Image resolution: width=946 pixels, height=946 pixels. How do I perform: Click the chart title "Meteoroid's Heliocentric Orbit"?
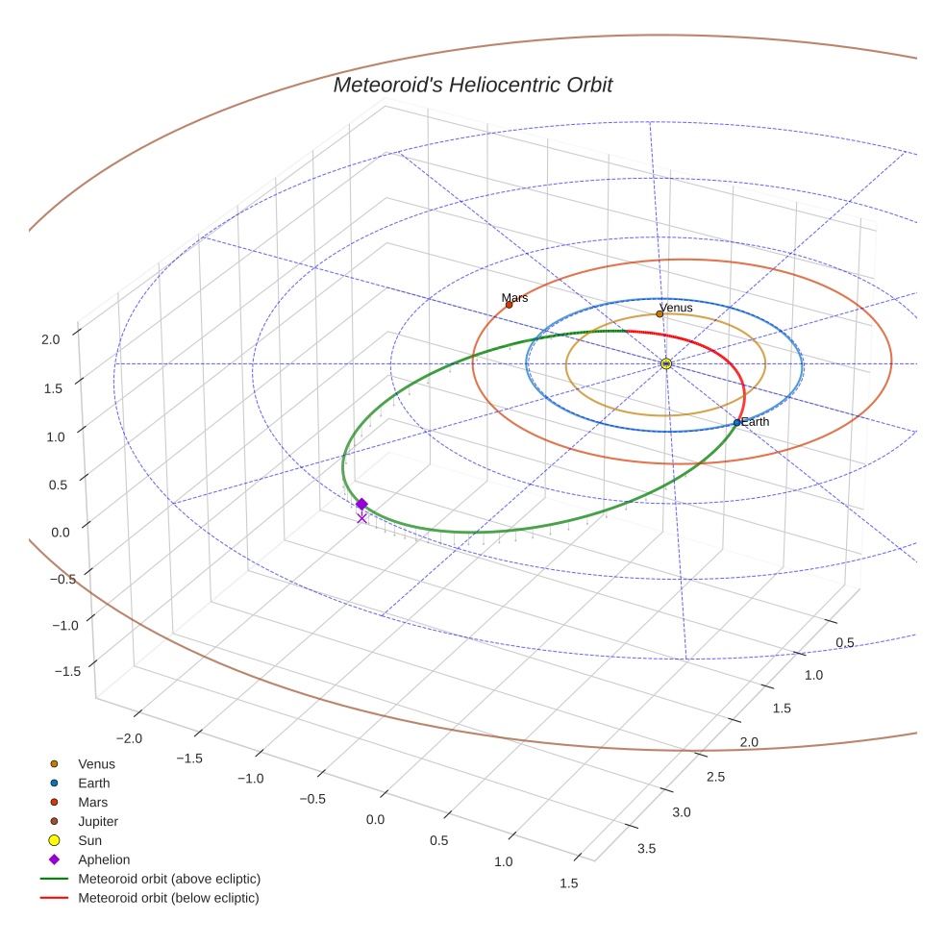coord(472,86)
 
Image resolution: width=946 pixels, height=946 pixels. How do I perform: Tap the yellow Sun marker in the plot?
coord(666,363)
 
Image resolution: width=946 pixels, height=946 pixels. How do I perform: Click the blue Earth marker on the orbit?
coord(737,423)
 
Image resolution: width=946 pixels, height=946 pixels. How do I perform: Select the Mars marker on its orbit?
coord(509,305)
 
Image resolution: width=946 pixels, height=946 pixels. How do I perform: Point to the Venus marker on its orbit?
coord(660,313)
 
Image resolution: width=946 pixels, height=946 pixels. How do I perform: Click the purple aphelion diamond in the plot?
coord(361,504)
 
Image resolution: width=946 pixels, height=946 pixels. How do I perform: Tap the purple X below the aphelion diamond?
coord(361,519)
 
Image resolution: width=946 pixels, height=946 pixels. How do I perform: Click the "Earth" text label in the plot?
coord(756,422)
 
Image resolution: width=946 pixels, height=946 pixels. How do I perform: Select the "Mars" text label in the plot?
coord(515,298)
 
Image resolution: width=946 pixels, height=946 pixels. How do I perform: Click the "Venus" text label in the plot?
coord(677,308)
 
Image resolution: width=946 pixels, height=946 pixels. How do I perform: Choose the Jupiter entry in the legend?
coord(98,822)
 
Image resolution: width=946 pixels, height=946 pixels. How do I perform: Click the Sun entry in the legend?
coord(90,841)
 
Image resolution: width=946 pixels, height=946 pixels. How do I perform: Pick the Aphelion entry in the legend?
coord(104,860)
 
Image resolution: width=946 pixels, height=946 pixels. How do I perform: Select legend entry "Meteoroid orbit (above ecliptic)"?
coord(169,880)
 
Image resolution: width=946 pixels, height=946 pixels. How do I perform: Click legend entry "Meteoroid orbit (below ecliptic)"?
coord(169,899)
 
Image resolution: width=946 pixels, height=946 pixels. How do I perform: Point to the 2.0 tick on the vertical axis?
coord(50,339)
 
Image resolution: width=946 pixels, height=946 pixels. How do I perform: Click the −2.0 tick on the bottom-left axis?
coord(129,738)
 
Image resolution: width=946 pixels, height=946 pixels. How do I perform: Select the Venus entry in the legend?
coord(96,764)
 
